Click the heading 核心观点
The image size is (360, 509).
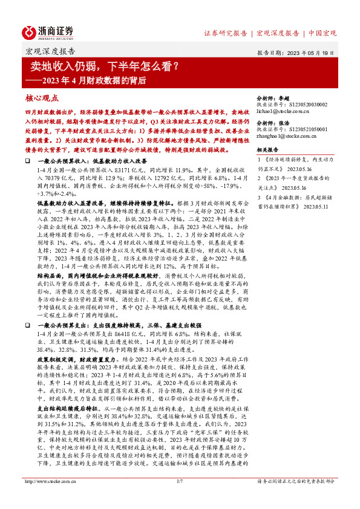pyautogui.click(x=41, y=97)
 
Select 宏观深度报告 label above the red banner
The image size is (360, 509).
pyautogui.click(x=50, y=51)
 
